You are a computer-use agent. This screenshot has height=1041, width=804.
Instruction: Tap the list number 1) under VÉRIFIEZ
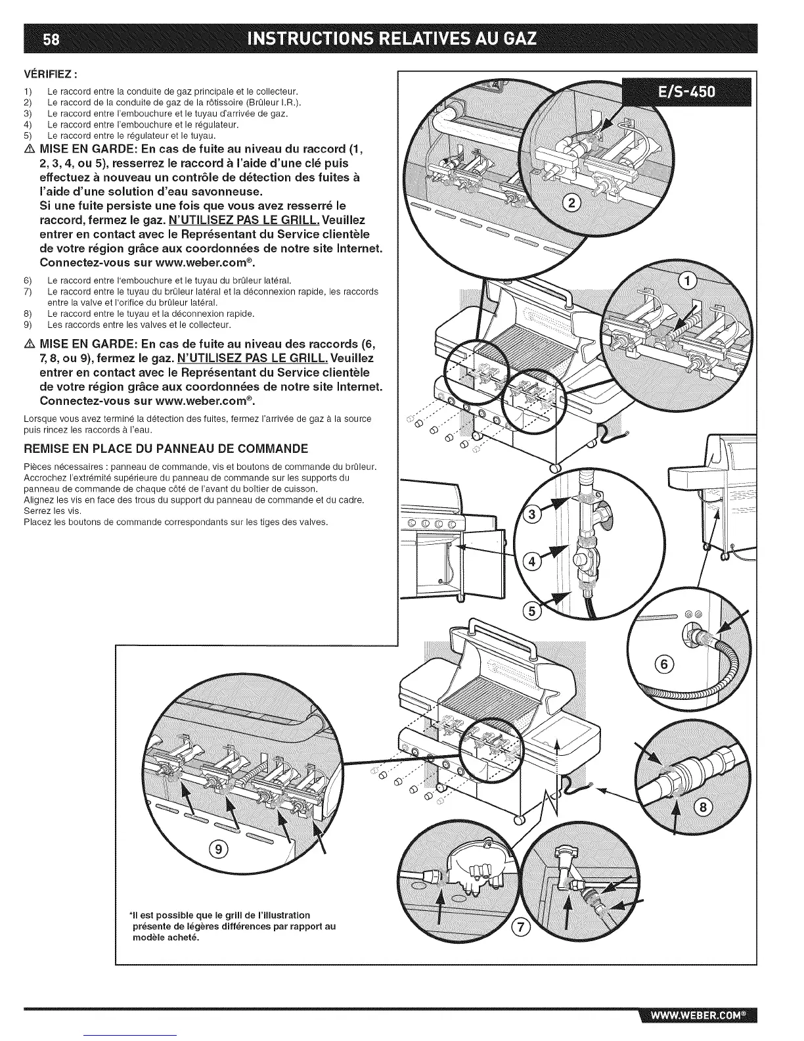28,91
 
